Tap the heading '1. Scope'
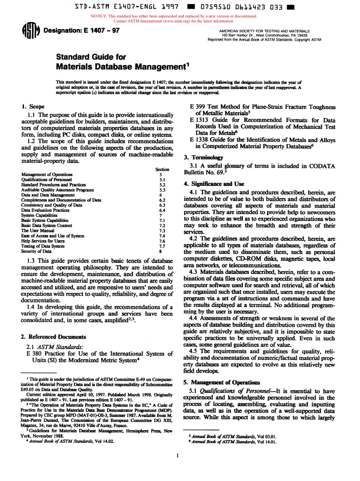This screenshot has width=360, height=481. click(33, 107)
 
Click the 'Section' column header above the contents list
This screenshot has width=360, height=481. click(162, 169)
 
